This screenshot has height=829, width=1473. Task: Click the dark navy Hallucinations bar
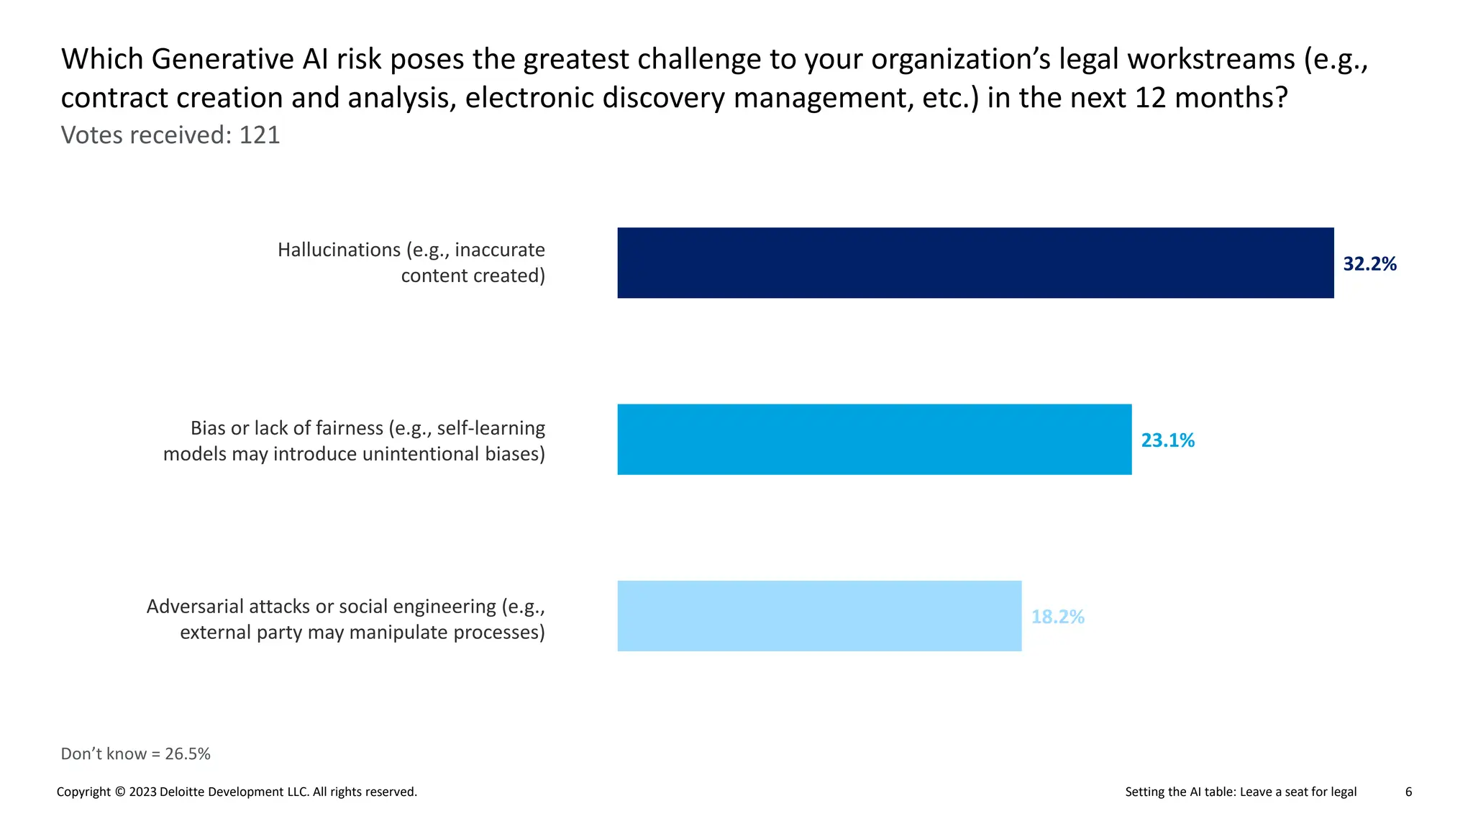(x=975, y=263)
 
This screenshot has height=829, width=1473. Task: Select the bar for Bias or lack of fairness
(x=874, y=439)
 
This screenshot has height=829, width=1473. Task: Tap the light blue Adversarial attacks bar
(x=819, y=616)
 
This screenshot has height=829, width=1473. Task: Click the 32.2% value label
(x=1369, y=264)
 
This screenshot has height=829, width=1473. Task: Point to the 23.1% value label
(x=1167, y=440)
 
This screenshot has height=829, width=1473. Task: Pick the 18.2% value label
(x=1057, y=617)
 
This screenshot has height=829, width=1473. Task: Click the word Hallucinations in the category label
(x=339, y=250)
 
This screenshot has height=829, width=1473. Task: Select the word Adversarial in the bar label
(x=195, y=607)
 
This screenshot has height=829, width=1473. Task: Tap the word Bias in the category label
(x=208, y=428)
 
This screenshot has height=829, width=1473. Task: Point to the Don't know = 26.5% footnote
(x=135, y=753)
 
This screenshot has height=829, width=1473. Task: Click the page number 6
(x=1408, y=792)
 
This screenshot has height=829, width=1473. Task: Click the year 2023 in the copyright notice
(x=142, y=792)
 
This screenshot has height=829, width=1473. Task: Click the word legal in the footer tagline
(x=1343, y=792)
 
